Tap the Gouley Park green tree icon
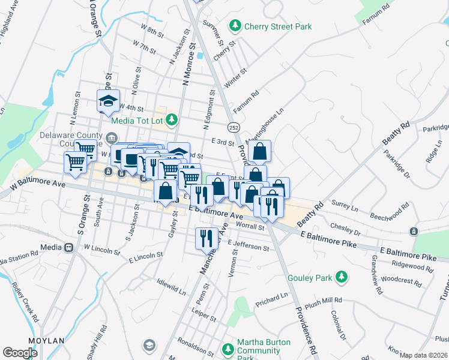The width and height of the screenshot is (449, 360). [342, 277]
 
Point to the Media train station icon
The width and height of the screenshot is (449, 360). [68, 247]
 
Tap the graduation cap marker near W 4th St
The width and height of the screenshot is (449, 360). [109, 100]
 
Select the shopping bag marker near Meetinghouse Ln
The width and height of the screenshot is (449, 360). [259, 152]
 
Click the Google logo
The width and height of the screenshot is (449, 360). [20, 353]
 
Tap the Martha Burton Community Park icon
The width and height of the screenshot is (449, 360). [228, 349]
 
